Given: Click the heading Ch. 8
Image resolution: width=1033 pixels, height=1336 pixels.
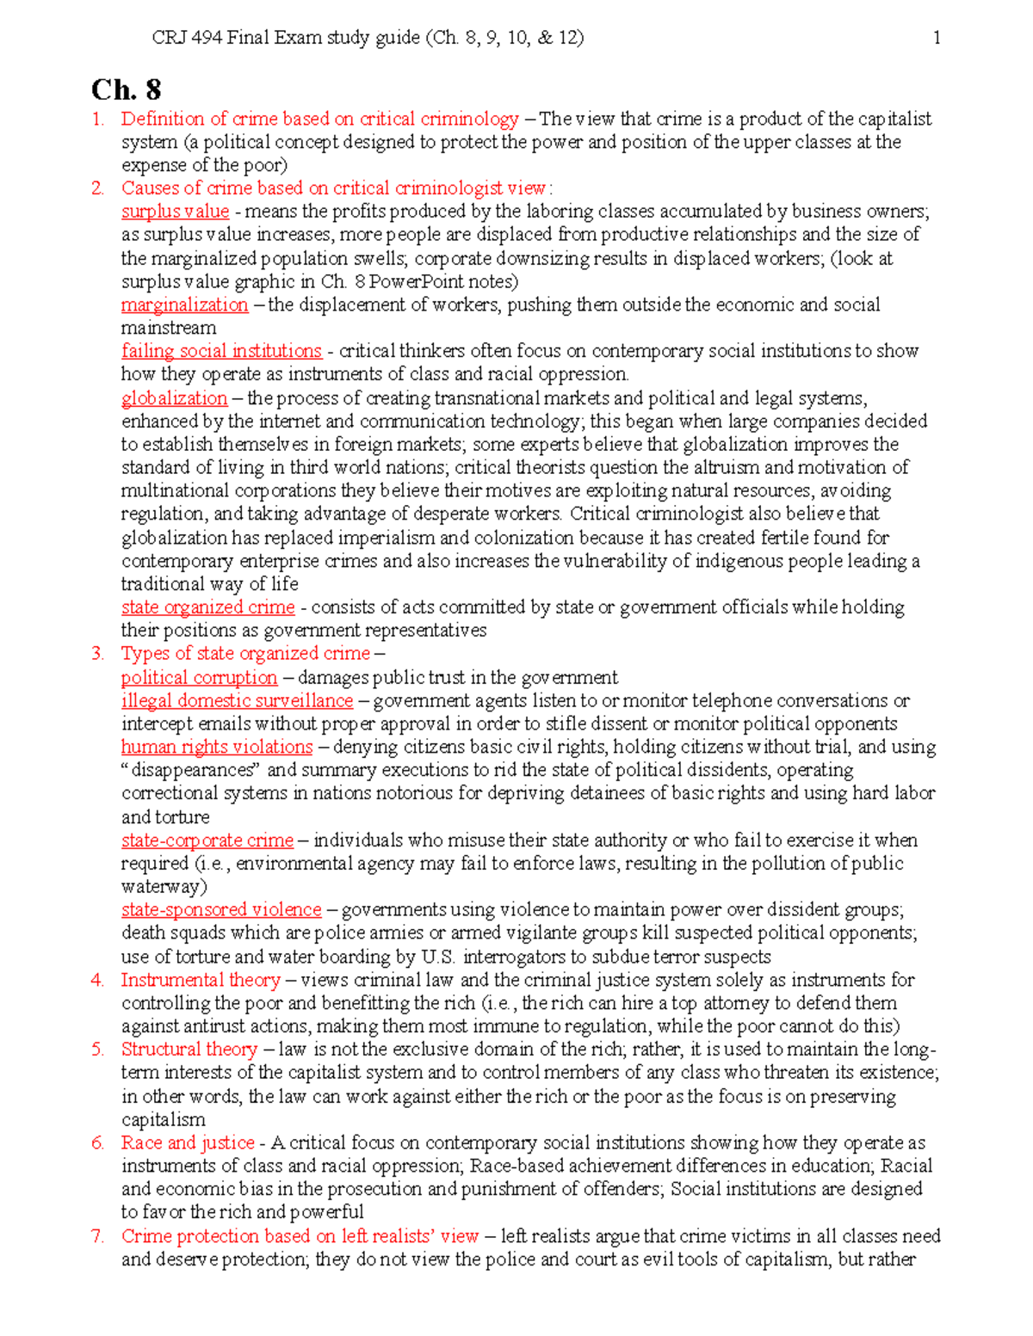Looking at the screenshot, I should point(126,89).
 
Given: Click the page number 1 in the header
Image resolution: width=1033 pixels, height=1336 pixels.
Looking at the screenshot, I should point(937,37).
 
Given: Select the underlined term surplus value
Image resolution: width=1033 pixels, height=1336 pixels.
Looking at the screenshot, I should point(175,212).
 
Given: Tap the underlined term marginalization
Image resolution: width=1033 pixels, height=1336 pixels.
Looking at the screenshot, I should point(184,305).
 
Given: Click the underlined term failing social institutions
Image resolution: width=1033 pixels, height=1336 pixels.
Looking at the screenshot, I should point(221,351).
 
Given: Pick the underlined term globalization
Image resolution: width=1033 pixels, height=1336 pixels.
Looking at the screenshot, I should point(174,398).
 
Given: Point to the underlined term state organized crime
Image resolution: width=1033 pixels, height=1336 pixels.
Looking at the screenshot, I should point(207,607).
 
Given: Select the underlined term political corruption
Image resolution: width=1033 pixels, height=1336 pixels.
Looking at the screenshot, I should point(199,678).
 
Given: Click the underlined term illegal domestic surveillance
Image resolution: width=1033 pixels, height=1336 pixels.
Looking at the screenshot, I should point(237,701).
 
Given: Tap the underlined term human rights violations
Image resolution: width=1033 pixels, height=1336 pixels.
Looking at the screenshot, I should point(216,748).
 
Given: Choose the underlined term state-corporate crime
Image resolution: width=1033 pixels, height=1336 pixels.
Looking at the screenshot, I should point(207,840).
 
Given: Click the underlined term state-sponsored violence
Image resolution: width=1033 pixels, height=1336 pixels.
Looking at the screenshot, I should point(220,910).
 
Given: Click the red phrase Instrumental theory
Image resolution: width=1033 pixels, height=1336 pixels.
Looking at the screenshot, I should point(200,980).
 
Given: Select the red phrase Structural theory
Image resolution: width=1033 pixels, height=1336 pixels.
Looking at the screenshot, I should point(189,1050).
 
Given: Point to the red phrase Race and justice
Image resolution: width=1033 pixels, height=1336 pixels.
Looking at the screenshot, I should point(187,1143).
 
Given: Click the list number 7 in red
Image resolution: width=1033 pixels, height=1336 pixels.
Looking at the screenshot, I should point(97,1236).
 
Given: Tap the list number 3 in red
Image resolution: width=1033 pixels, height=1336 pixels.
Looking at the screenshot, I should point(97,654).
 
